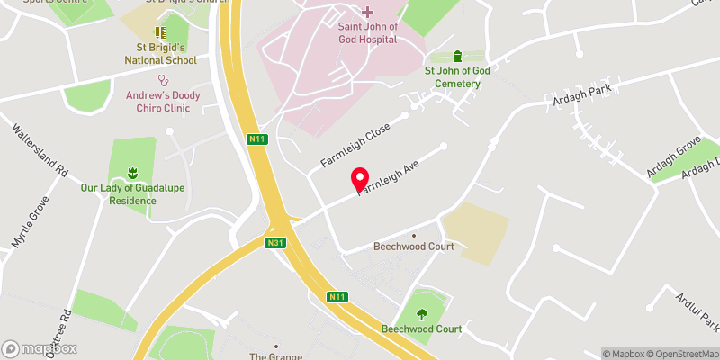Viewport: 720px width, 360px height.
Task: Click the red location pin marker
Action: (x=360, y=179)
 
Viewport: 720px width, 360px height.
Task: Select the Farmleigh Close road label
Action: (x=356, y=144)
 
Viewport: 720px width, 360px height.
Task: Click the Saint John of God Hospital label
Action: (x=367, y=32)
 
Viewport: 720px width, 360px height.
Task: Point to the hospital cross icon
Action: (x=367, y=12)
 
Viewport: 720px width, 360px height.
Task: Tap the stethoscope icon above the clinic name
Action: (x=163, y=79)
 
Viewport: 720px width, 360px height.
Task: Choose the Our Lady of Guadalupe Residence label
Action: (x=131, y=194)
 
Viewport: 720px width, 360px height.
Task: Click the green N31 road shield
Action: (x=276, y=243)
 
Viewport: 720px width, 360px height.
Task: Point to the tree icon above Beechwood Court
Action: (x=422, y=313)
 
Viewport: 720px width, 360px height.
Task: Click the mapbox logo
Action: (x=40, y=348)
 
